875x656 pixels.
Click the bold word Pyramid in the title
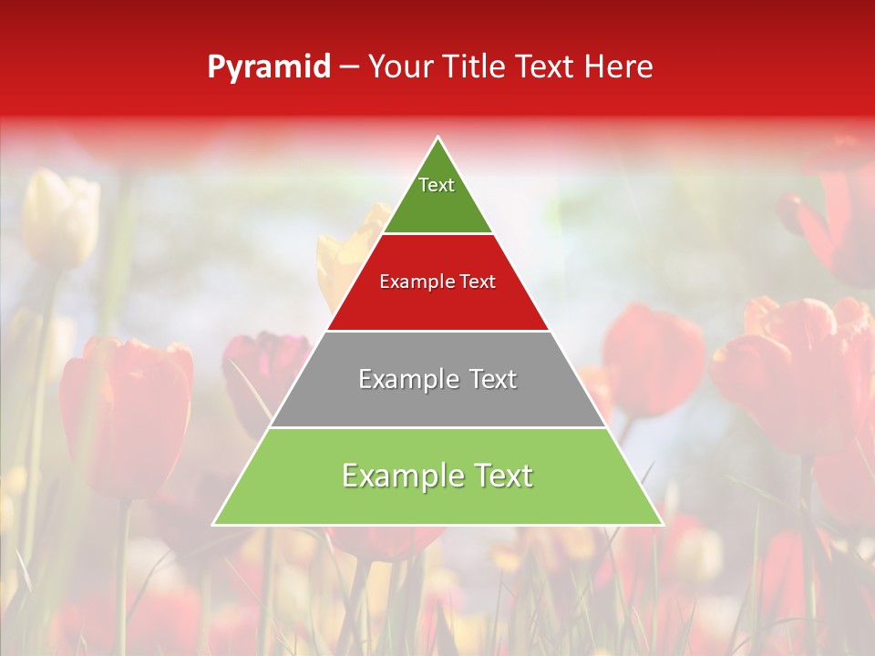click(x=268, y=67)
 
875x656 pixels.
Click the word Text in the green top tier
click(x=437, y=185)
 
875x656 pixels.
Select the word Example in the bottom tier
click(x=392, y=476)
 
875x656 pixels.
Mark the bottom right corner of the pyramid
click(x=662, y=524)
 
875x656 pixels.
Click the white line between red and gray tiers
click(x=437, y=331)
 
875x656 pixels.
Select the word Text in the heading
click(x=544, y=67)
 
